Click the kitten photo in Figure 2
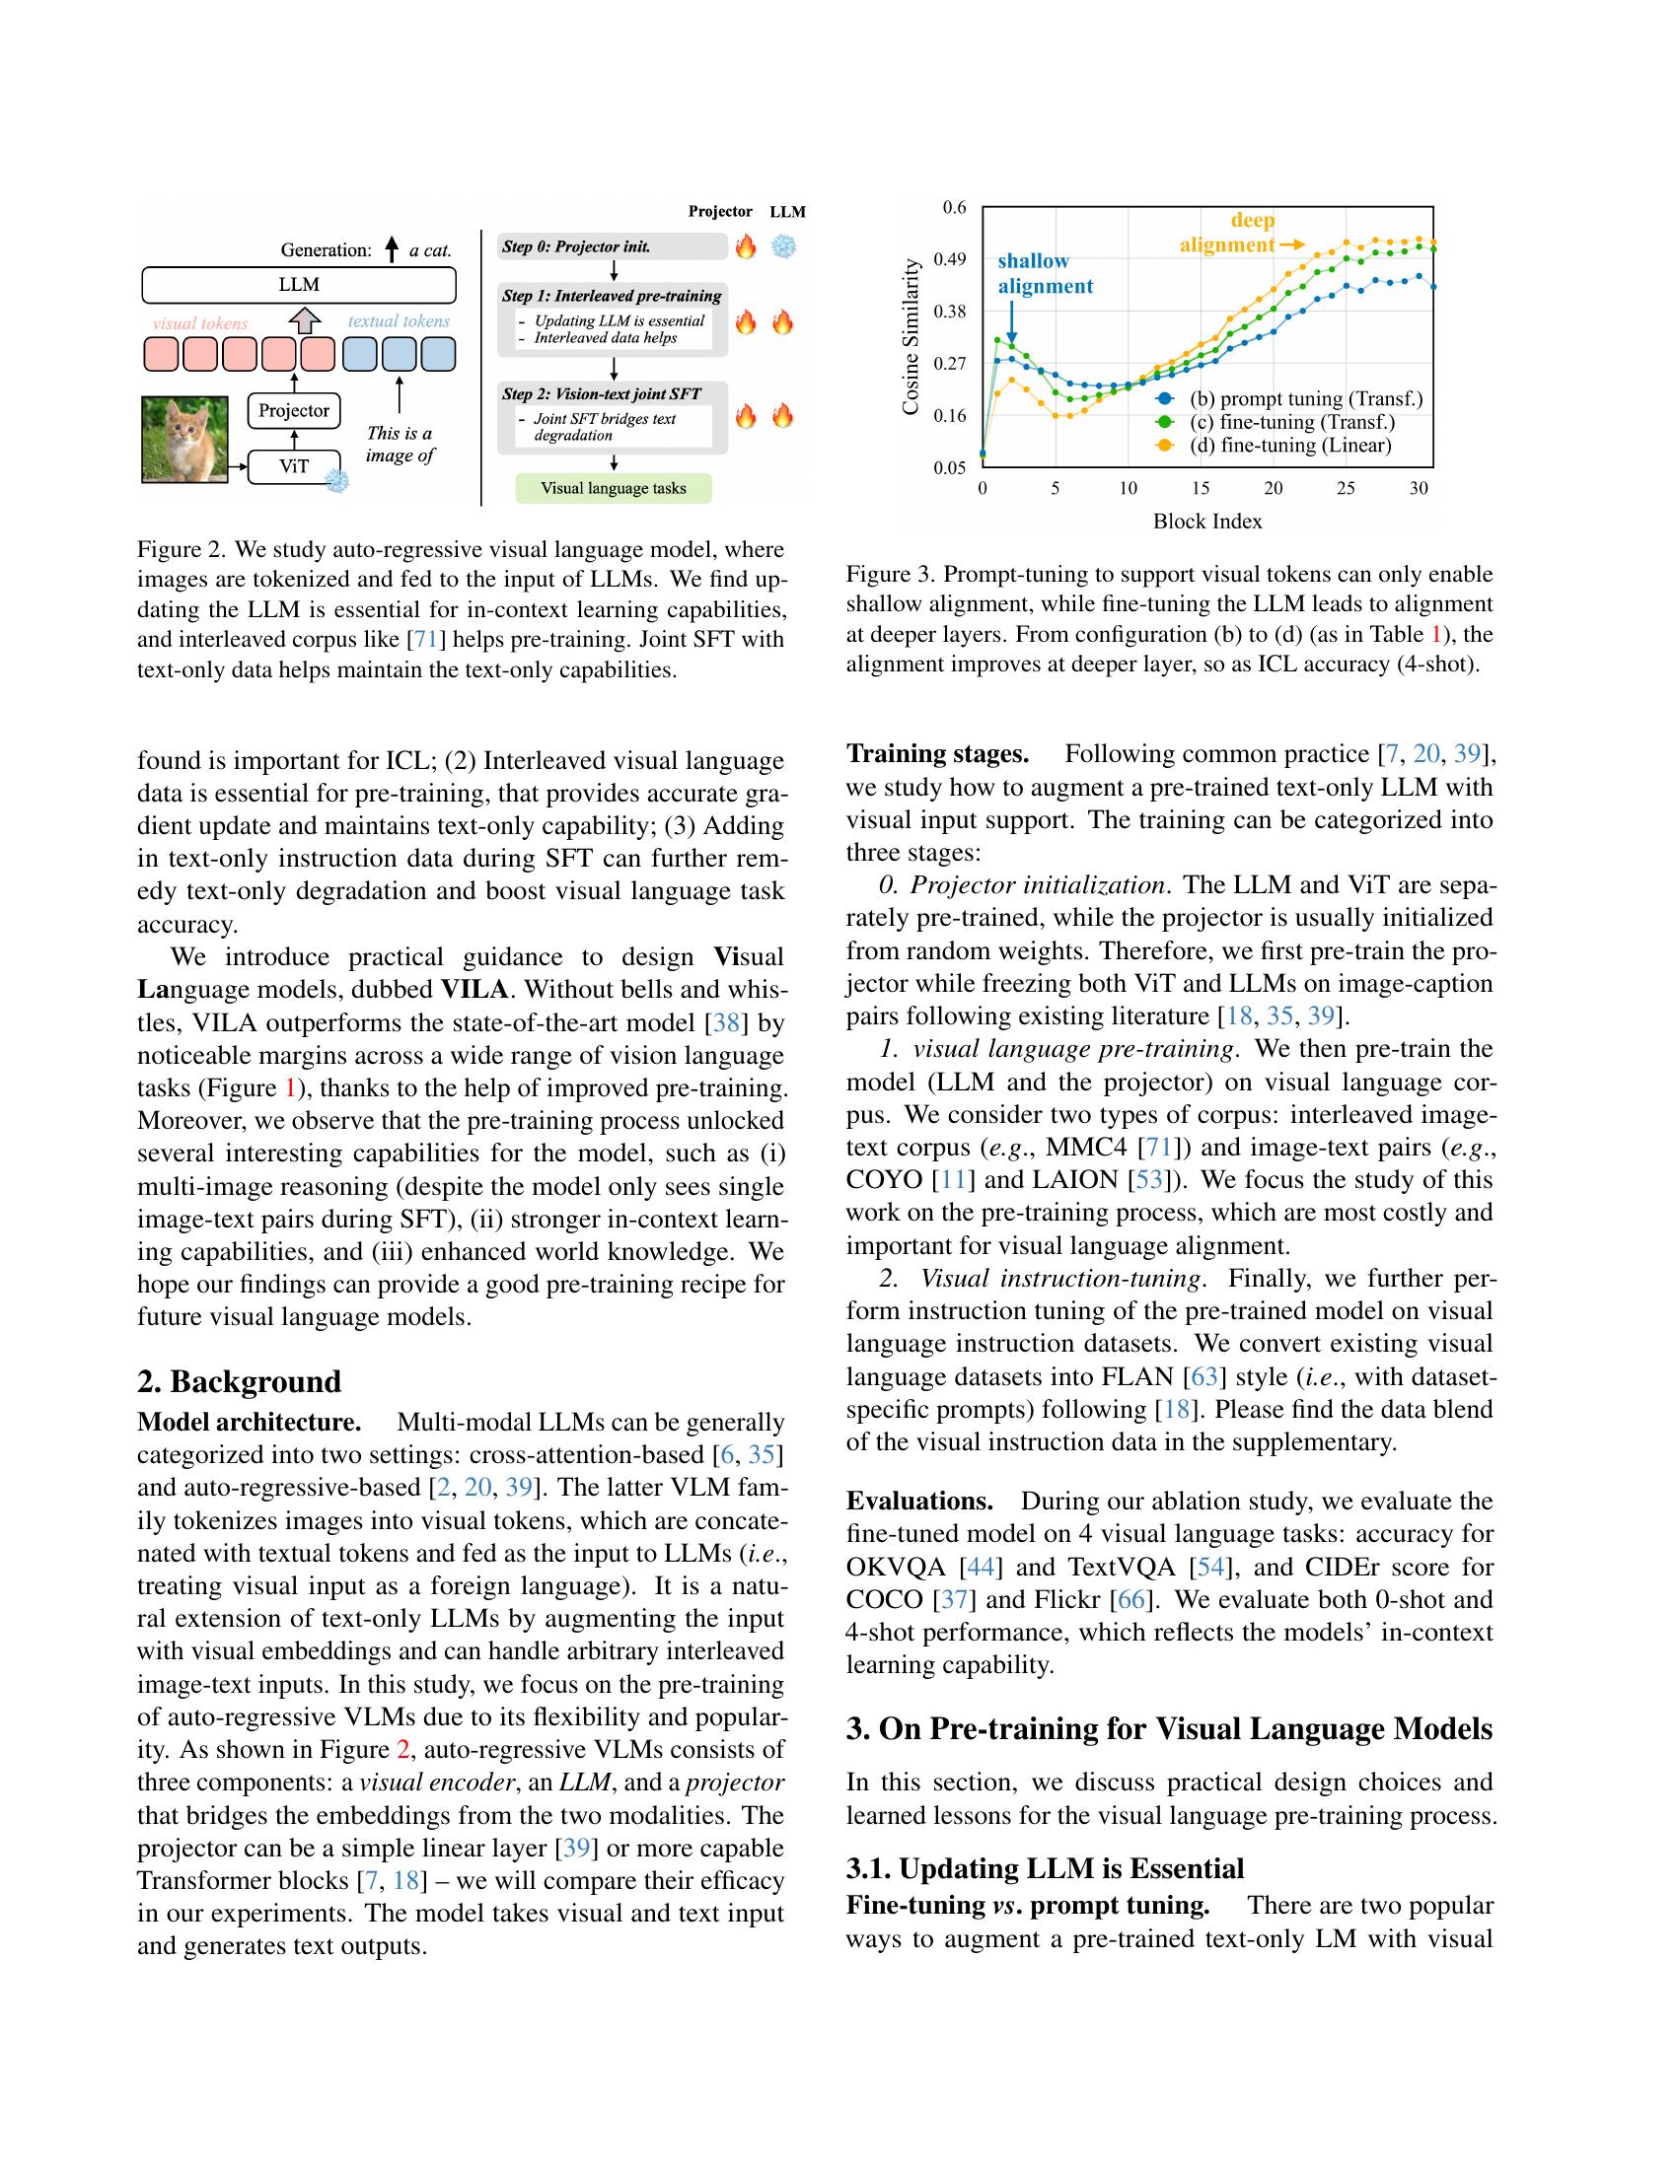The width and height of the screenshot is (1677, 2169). pyautogui.click(x=184, y=439)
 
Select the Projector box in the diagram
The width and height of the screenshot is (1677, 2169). pyautogui.click(x=293, y=410)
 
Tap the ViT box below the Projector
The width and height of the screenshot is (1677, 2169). pyautogui.click(x=293, y=465)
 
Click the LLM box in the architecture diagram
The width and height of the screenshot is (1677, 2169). pyautogui.click(x=299, y=285)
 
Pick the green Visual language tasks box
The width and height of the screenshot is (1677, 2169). pyautogui.click(x=613, y=488)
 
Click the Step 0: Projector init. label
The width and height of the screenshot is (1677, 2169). pyautogui.click(x=577, y=246)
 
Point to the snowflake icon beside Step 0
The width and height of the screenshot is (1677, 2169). pyautogui.click(x=784, y=246)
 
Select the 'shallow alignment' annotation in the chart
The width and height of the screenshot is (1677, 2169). pyautogui.click(x=1044, y=273)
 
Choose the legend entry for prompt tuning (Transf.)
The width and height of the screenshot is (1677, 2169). pyautogui.click(x=1305, y=399)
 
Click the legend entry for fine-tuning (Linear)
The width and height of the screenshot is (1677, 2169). pyautogui.click(x=1289, y=445)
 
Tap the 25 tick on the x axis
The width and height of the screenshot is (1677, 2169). pyautogui.click(x=1346, y=488)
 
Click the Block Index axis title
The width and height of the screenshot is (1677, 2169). pyautogui.click(x=1207, y=522)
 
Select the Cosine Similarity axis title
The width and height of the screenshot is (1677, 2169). pyautogui.click(x=911, y=337)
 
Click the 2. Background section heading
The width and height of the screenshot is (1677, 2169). pyautogui.click(x=239, y=1381)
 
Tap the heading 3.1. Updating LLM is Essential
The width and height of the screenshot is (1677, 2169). pyautogui.click(x=1044, y=1868)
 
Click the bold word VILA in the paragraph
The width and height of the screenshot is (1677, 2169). pyautogui.click(x=474, y=989)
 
